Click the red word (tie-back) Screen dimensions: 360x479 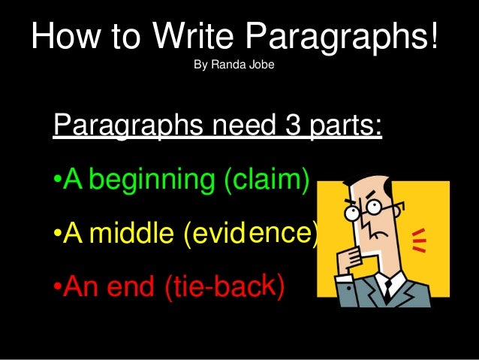pos(224,286)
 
